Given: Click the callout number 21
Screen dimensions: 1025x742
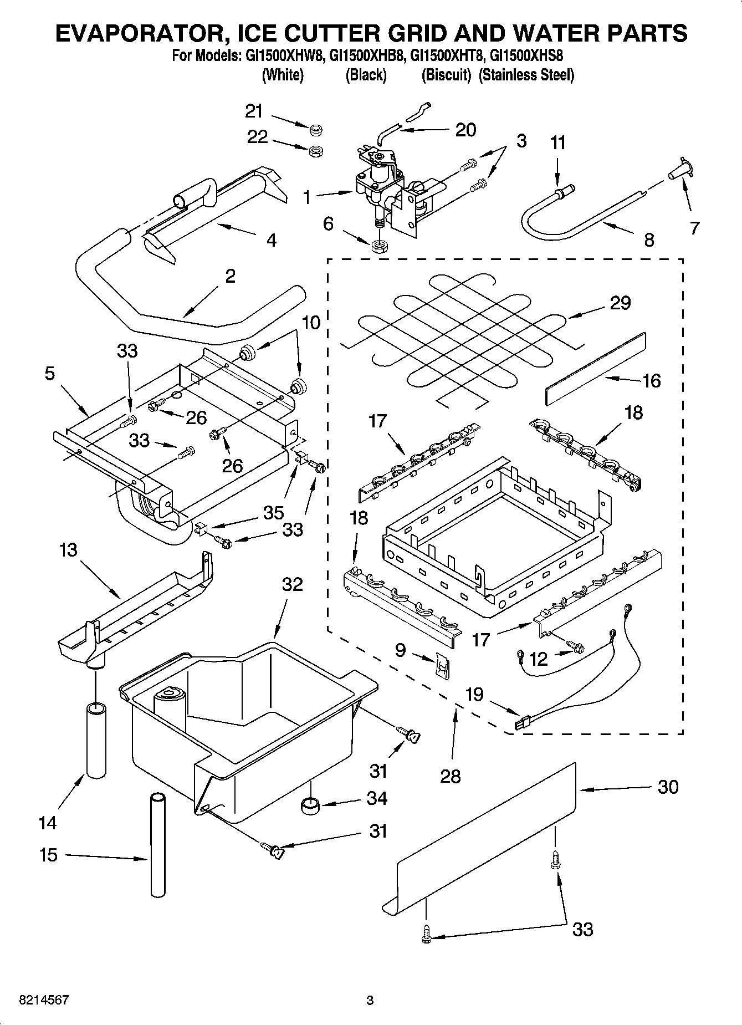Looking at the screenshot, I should pyautogui.click(x=254, y=111).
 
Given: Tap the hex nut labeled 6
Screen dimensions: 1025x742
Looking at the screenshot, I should pyautogui.click(x=378, y=246).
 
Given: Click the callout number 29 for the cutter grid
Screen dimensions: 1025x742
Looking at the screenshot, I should pyautogui.click(x=620, y=303).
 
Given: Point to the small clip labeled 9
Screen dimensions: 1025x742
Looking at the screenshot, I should pyautogui.click(x=442, y=664).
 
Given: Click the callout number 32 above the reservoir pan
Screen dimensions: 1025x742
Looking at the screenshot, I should pyautogui.click(x=293, y=584).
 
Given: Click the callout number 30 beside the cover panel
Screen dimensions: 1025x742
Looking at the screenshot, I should pyautogui.click(x=668, y=787).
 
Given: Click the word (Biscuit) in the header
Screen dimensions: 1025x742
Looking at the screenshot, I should pyautogui.click(x=446, y=75).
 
